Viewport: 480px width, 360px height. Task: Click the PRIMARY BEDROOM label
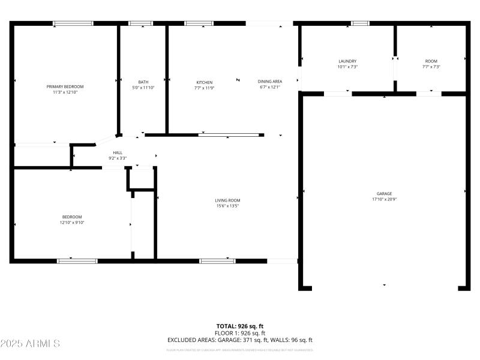65,86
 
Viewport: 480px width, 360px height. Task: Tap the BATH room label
143,82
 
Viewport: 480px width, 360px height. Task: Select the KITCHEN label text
204,82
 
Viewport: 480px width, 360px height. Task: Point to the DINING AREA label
270,82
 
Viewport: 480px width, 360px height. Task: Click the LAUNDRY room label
347,61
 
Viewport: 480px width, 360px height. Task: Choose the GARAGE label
384,194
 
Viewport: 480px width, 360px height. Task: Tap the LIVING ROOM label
227,200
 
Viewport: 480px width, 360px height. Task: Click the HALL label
118,153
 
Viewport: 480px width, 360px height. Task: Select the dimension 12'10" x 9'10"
72,223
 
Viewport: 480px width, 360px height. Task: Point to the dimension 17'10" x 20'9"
384,199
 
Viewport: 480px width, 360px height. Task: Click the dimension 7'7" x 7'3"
431,67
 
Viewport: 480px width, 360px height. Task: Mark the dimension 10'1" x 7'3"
347,67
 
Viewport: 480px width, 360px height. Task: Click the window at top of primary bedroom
73,23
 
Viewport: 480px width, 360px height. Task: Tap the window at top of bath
141,23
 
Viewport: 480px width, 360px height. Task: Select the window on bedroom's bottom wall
77,261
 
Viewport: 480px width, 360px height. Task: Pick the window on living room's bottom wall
217,261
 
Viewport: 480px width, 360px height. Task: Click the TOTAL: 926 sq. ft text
240,326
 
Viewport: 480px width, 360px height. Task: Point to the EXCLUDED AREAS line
240,340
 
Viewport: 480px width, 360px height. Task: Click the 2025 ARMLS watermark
30,344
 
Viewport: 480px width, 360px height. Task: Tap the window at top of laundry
360,23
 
